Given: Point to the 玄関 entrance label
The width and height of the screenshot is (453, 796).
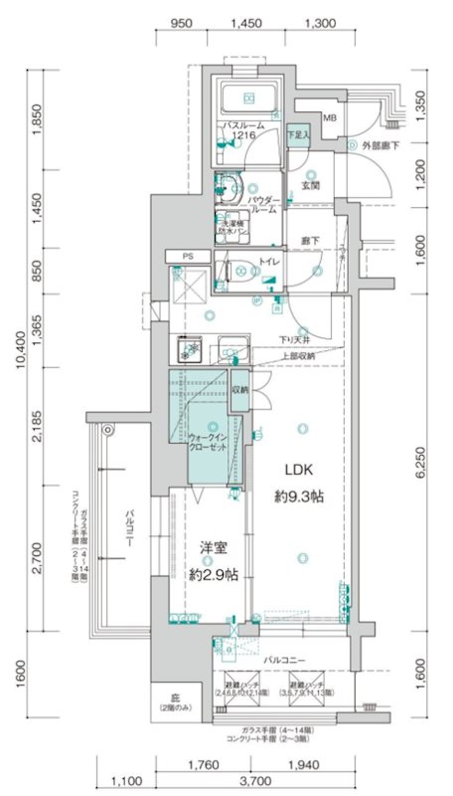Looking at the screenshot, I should click(x=309, y=185).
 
